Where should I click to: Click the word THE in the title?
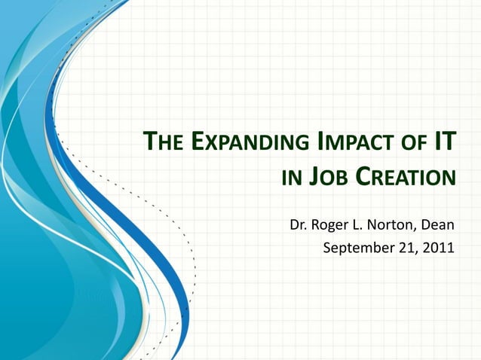tap(162, 142)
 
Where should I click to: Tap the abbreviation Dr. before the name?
tap(299, 224)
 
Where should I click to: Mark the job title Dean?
tap(439, 224)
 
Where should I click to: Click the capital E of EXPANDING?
tap(195, 142)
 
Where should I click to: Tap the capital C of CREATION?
tap(364, 178)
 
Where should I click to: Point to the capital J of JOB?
tap(314, 178)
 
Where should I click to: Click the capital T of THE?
tap(150, 142)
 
